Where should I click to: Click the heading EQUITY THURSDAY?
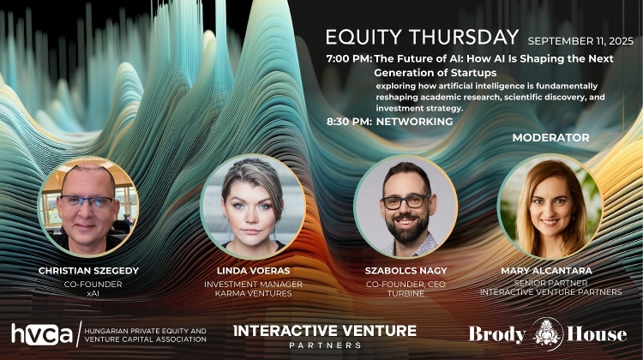tap(422, 38)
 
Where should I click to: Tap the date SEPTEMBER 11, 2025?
tap(580, 40)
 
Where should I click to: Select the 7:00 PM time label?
tap(349, 59)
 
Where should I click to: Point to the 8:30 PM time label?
tap(349, 122)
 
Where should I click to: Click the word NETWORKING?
tap(414, 122)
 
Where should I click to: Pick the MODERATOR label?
tap(550, 137)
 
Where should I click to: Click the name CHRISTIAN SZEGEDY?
tap(87, 270)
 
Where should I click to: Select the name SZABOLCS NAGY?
tap(405, 270)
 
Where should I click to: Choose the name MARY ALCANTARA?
tap(550, 270)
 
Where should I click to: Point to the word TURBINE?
tap(405, 293)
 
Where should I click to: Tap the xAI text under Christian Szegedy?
tap(87, 293)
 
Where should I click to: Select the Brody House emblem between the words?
tap(547, 333)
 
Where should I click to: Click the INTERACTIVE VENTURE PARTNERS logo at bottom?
tap(325, 334)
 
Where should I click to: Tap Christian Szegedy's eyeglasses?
tap(87, 201)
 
